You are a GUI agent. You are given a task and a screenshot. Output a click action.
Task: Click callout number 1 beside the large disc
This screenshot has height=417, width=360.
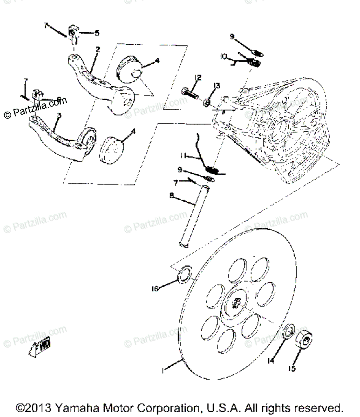[x=164, y=370]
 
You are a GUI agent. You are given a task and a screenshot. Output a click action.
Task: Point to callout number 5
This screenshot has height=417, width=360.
[x=97, y=33]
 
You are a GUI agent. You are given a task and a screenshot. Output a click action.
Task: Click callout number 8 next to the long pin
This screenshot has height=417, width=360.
[x=171, y=195]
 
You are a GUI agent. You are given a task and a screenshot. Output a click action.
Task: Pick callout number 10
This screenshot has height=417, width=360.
[x=224, y=57]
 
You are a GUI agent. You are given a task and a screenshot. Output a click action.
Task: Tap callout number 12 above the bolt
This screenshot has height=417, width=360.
[x=198, y=78]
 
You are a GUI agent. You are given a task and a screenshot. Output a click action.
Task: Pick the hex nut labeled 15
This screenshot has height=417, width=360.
[x=304, y=339]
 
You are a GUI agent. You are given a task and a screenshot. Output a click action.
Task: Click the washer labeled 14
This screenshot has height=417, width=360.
[x=288, y=331]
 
